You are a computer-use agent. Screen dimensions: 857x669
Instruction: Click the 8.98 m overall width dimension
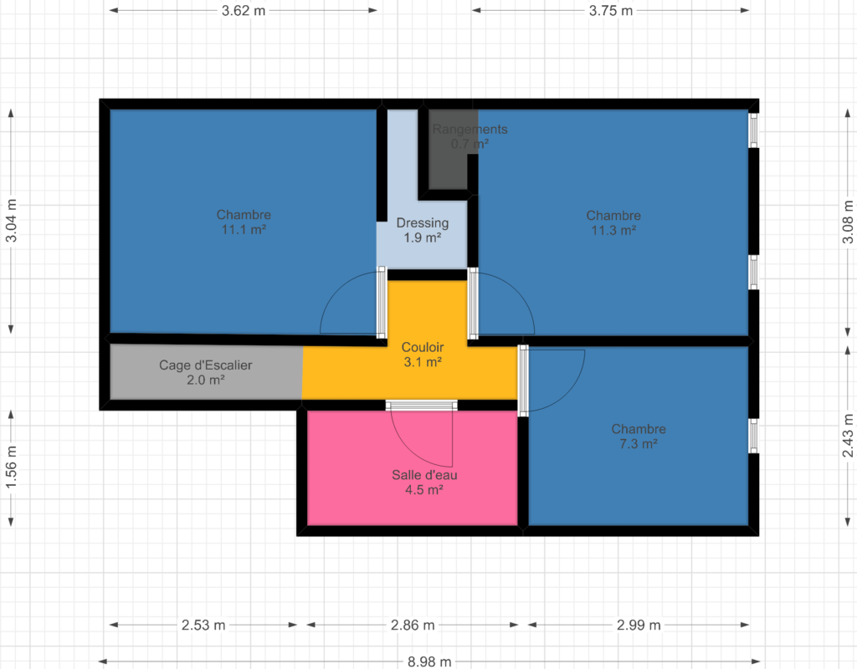tap(429, 662)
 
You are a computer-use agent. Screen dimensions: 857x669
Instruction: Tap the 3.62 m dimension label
tap(244, 11)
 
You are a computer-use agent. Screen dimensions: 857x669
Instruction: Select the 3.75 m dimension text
tap(610, 11)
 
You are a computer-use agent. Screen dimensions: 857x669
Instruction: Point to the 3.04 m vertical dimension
tap(11, 221)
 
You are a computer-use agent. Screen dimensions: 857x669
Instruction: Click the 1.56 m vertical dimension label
tap(11, 467)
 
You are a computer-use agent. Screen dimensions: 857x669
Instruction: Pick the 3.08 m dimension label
tap(847, 222)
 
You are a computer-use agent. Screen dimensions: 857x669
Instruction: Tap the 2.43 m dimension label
tap(847, 435)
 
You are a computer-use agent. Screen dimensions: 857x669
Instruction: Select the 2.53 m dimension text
tap(203, 625)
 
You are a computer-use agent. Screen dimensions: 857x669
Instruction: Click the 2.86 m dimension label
tap(413, 625)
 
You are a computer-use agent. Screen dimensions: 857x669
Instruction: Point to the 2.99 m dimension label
tap(639, 625)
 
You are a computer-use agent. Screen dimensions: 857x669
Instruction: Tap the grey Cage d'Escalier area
tap(206, 372)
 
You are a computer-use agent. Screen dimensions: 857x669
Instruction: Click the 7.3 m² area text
tap(639, 444)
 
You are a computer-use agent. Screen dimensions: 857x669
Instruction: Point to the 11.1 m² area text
tap(244, 230)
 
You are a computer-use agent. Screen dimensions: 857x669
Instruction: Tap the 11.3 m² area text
tap(613, 231)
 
